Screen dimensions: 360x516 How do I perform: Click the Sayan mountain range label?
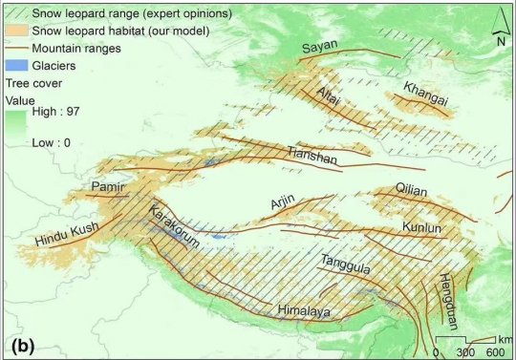tap(320, 49)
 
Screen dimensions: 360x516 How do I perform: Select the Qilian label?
tap(414, 192)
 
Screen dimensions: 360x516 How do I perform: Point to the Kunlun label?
tap(422, 229)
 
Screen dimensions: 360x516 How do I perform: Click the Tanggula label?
tap(345, 270)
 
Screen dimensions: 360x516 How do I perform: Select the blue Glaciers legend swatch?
tap(14, 66)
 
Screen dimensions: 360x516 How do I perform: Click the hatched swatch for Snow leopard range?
tap(14, 14)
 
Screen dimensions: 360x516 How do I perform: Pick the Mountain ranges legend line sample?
tap(14, 49)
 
